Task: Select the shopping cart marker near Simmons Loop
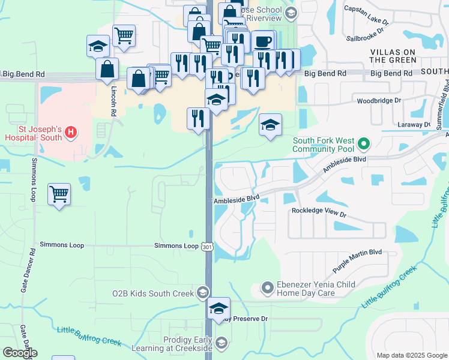click(x=59, y=195)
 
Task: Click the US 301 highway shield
click(x=208, y=246)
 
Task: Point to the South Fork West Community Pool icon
click(x=363, y=144)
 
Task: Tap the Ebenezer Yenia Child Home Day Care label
click(x=315, y=289)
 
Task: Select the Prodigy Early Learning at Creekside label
click(x=179, y=344)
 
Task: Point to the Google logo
click(x=20, y=353)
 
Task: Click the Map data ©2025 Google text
click(x=411, y=355)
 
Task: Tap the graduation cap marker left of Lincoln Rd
click(x=98, y=46)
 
